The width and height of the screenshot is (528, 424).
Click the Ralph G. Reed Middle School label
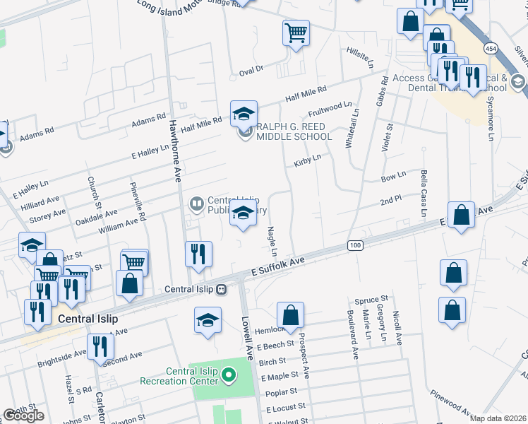293,131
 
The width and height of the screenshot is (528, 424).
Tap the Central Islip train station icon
221,289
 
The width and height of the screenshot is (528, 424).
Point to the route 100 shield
355,245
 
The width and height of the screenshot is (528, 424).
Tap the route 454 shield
490,47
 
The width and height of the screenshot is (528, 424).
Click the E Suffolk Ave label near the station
277,266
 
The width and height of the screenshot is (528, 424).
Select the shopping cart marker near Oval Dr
296,32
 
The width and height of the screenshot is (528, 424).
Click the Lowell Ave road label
246,332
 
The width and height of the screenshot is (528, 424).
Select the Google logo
23,416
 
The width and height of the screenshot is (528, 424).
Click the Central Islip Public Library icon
196,204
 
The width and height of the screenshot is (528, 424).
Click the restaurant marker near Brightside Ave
100,346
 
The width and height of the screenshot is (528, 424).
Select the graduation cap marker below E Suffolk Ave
208,320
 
